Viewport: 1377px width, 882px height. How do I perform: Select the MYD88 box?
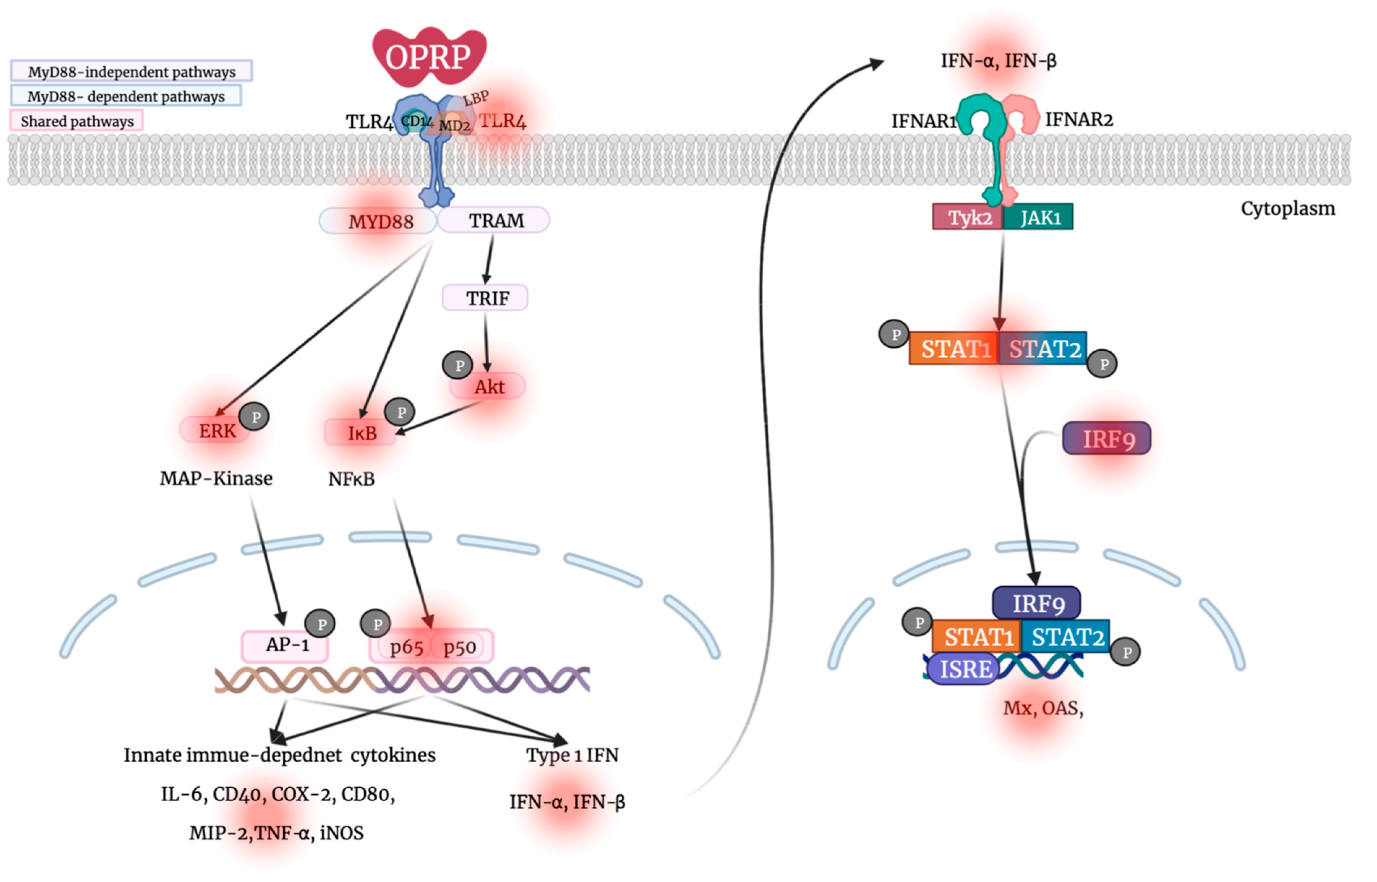pos(380,222)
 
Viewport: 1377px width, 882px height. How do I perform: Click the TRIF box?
pos(486,298)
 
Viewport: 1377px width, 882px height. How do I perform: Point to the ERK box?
pos(216,431)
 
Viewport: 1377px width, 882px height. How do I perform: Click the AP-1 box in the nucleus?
pos(286,646)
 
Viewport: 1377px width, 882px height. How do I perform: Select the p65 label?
pos(406,647)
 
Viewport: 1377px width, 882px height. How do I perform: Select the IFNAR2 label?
pos(1079,120)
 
